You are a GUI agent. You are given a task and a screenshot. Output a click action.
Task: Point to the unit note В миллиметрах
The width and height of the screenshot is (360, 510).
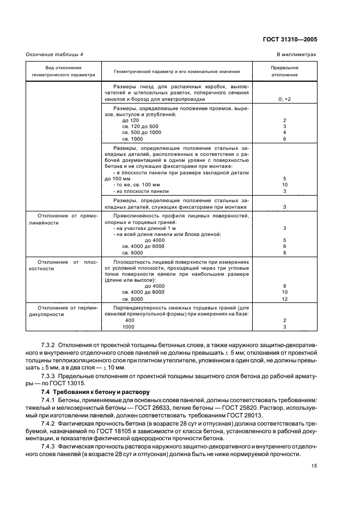coord(296,55)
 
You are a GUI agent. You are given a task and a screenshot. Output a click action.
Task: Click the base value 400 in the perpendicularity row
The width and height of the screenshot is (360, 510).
coord(130,320)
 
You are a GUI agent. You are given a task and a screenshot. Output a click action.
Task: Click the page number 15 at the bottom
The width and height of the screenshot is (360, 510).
coord(314,465)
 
